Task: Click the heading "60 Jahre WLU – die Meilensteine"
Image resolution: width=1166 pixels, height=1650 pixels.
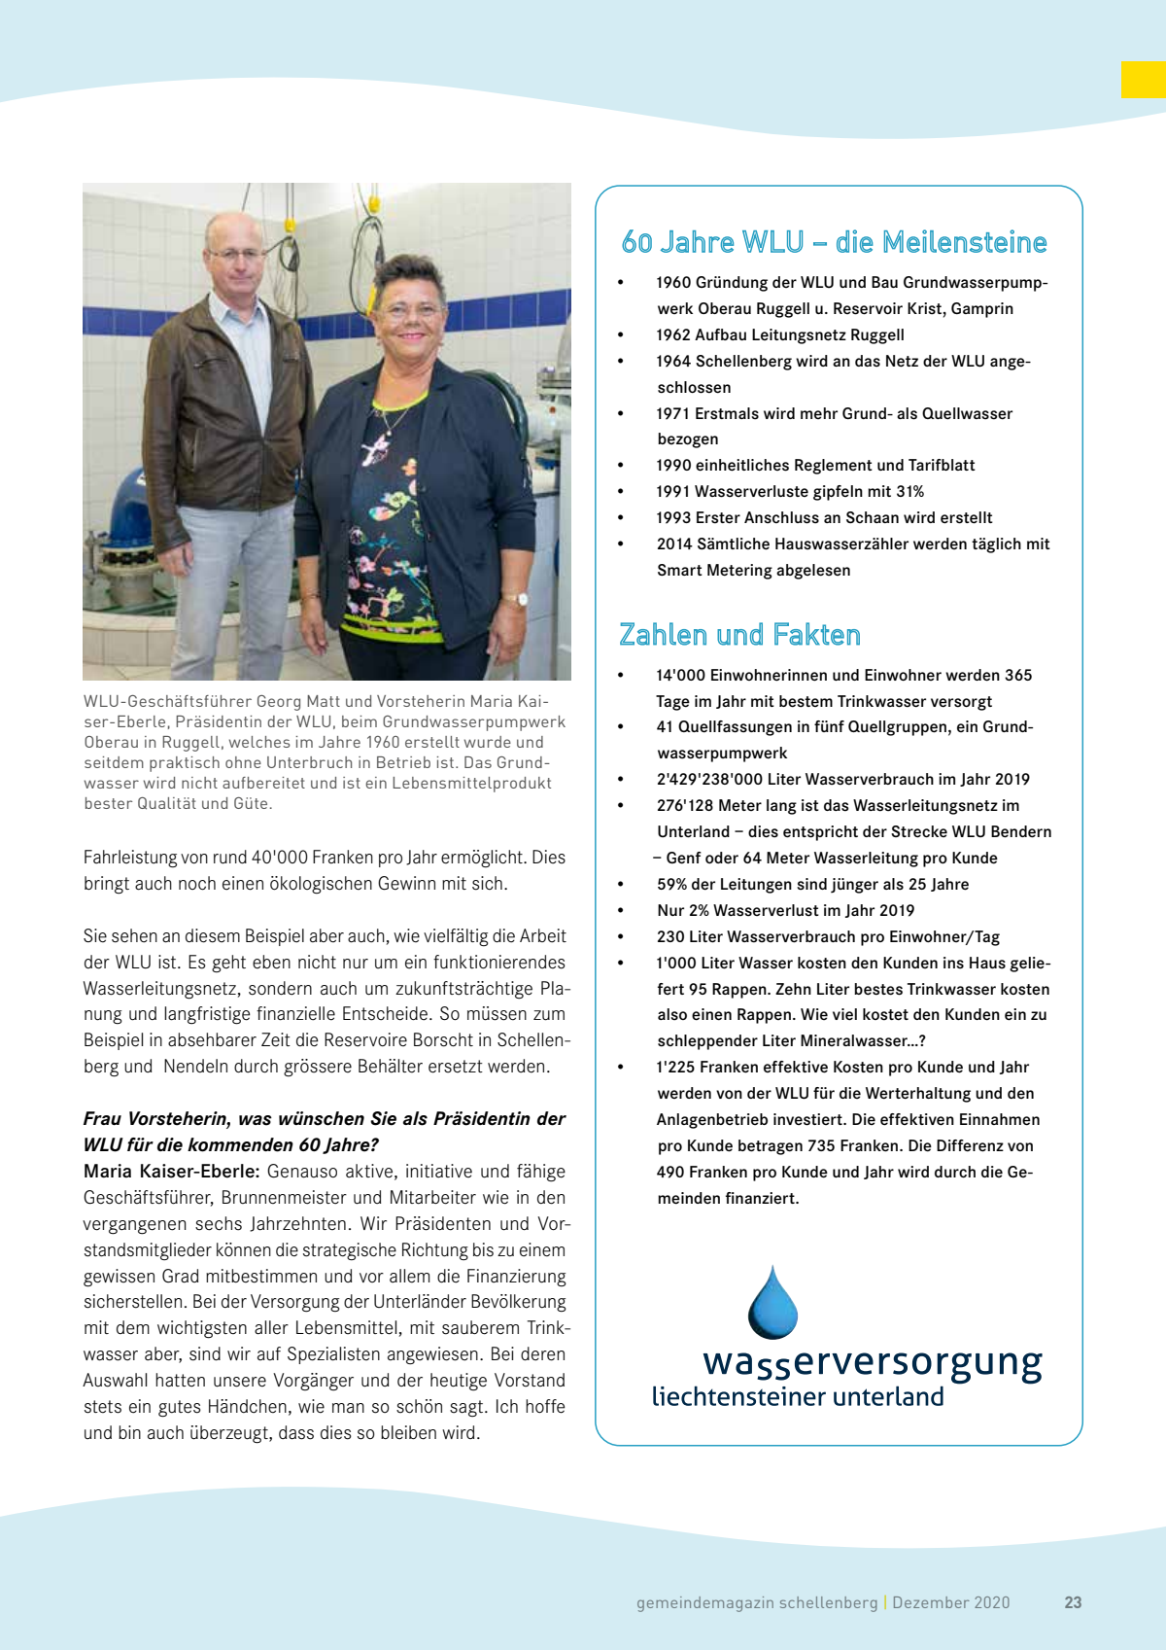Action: click(x=834, y=242)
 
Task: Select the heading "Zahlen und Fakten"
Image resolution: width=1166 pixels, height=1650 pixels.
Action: click(x=739, y=635)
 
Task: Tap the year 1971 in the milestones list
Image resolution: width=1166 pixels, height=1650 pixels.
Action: click(x=673, y=413)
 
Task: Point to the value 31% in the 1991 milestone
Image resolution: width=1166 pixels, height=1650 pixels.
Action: click(x=910, y=491)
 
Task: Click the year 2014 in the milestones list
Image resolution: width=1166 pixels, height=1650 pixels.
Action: click(x=674, y=544)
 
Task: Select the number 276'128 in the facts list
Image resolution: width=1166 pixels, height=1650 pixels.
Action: click(x=685, y=805)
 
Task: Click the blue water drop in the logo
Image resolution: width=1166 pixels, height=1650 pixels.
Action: click(x=772, y=1304)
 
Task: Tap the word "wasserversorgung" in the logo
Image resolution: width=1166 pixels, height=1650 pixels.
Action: click(x=872, y=1361)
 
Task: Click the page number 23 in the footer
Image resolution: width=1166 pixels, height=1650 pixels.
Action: click(x=1073, y=1602)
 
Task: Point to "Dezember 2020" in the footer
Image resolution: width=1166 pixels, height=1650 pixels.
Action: click(x=951, y=1602)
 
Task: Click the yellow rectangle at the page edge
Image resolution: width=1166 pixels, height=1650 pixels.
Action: click(x=1143, y=80)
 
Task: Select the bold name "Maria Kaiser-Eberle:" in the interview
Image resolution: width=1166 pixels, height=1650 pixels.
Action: click(x=171, y=1171)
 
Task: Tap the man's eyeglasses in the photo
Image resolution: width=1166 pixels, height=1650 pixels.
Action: click(x=235, y=254)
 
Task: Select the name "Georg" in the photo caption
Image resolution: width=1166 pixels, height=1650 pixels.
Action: click(x=277, y=701)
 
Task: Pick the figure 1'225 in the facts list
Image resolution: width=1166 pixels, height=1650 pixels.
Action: click(x=675, y=1067)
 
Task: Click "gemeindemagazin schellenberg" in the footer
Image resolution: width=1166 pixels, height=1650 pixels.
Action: click(x=756, y=1602)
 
